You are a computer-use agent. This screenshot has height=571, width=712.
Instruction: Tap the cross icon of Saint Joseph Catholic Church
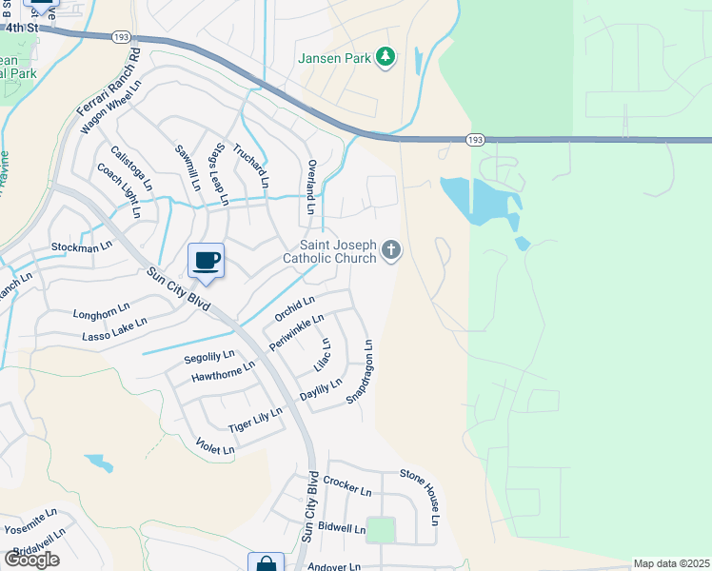pos(390,250)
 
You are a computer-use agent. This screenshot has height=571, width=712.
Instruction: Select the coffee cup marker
pos(206,261)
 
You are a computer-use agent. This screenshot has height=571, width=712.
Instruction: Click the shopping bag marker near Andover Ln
pos(266,562)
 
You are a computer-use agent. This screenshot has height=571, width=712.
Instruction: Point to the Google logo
pos(31,559)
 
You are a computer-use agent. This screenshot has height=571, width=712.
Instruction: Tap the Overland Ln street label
pos(311,187)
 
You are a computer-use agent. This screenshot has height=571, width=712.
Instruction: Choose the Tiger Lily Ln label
pos(255,420)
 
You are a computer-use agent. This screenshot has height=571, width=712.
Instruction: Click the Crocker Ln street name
pos(346,486)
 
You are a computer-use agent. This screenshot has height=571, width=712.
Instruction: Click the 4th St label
pos(21,28)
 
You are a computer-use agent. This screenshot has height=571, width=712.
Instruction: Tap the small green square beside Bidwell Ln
pos(381,530)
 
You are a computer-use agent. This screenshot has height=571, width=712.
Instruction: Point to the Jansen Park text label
pos(335,59)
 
